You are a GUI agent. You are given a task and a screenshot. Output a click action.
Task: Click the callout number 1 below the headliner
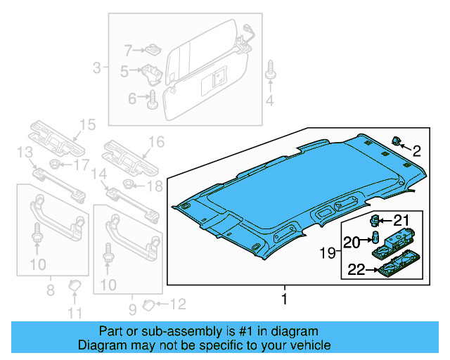[285, 299]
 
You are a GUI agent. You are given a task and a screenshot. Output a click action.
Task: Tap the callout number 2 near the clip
[416, 150]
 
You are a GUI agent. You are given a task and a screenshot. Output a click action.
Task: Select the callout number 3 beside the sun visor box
[97, 68]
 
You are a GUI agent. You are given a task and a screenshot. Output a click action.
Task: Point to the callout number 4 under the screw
[269, 103]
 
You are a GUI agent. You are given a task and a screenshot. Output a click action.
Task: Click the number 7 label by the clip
[128, 50]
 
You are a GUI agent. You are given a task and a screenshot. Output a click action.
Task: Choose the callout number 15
[86, 126]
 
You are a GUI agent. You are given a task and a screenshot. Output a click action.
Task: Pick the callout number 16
[155, 143]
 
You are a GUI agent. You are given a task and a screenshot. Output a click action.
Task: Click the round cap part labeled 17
[51, 165]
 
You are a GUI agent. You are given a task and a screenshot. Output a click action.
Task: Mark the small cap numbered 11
[74, 285]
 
